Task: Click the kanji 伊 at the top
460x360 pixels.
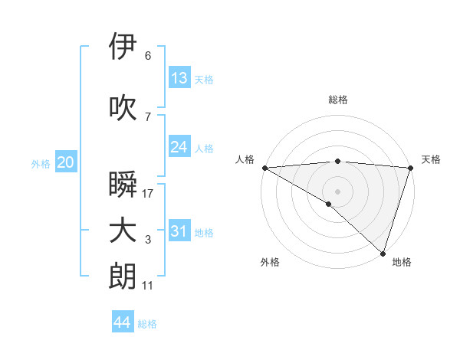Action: coord(123,47)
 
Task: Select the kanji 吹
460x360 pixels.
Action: coord(123,108)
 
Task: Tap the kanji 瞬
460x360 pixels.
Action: coord(123,185)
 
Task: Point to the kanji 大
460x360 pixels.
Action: coord(123,231)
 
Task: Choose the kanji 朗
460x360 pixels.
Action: coord(123,277)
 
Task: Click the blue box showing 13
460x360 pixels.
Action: coord(179,78)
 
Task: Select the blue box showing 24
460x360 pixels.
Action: coord(179,147)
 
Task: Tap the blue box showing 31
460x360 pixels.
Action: coord(179,231)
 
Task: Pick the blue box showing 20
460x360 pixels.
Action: coord(65,162)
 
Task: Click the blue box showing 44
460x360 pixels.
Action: coord(122,322)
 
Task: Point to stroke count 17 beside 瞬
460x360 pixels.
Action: coord(148,193)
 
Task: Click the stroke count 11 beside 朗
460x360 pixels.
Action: coord(148,285)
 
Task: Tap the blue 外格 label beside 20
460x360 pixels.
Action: coord(41,163)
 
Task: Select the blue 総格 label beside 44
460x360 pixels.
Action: coord(147,324)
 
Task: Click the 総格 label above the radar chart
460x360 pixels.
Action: coord(338,100)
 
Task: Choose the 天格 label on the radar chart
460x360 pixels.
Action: coord(431,159)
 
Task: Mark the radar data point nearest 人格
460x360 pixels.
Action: coord(264,168)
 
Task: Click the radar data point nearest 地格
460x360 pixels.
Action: coord(383,253)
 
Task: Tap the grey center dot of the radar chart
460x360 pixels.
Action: coord(338,191)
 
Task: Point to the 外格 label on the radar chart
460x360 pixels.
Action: coord(270,263)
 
